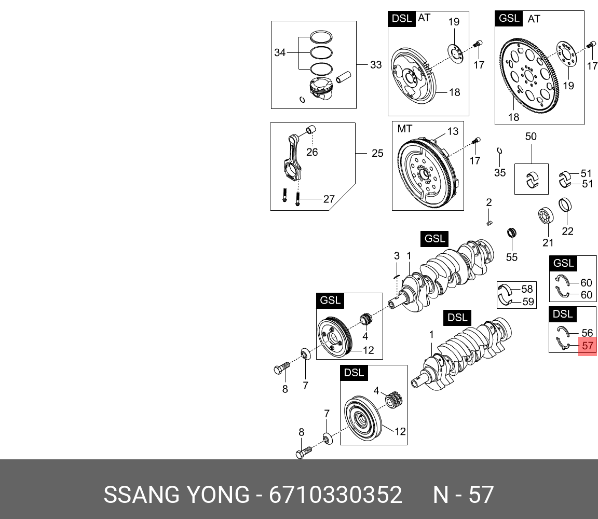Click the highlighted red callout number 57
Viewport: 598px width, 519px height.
[x=588, y=346]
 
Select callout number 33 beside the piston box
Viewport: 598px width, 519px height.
[x=376, y=65]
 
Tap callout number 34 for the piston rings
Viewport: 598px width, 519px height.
[x=280, y=53]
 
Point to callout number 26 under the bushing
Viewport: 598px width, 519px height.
[x=312, y=152]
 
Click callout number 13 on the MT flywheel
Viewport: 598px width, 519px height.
[x=453, y=131]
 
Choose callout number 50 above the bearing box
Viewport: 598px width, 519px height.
[x=531, y=137]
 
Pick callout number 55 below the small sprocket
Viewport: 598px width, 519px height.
[x=512, y=257]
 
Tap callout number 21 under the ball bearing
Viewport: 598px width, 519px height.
[x=548, y=242]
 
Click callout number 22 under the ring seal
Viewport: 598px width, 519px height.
[x=568, y=231]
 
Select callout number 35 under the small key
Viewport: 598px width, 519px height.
[x=499, y=173]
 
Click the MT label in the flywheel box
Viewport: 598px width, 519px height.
[x=405, y=128]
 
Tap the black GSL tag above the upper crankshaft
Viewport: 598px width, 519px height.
[x=434, y=239]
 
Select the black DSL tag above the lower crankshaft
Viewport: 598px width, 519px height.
[x=457, y=317]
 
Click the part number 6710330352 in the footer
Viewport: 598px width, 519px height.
[x=335, y=495]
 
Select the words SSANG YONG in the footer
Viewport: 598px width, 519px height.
[x=176, y=495]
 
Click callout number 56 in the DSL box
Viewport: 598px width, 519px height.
[x=587, y=333]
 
